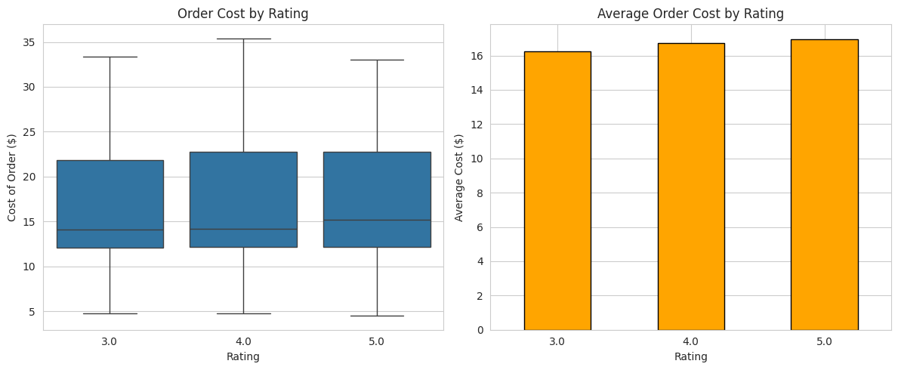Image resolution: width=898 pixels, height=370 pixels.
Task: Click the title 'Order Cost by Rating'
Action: click(x=242, y=14)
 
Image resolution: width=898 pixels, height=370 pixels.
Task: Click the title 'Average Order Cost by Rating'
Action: click(x=690, y=14)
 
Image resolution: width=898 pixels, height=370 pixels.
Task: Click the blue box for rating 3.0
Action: click(x=110, y=204)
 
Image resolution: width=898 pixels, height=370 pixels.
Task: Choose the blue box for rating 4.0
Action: click(x=243, y=199)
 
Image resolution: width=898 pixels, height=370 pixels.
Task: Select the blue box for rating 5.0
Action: click(x=377, y=199)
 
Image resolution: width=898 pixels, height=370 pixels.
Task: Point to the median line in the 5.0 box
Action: click(x=377, y=220)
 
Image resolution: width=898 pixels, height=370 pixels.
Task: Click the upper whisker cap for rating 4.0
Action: click(x=243, y=39)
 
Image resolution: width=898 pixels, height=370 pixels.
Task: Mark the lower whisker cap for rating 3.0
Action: click(x=110, y=313)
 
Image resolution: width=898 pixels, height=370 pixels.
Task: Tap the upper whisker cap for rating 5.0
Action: click(x=377, y=60)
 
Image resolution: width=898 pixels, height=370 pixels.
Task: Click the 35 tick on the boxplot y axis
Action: click(x=29, y=42)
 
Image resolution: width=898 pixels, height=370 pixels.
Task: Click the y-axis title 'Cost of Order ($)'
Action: click(x=12, y=177)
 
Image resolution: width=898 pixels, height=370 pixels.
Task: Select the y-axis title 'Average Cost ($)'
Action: click(x=459, y=177)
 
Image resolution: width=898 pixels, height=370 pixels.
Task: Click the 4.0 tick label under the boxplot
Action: click(x=243, y=341)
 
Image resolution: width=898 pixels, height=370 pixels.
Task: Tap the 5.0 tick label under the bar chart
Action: click(x=824, y=341)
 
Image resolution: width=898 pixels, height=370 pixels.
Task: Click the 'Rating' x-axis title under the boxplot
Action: click(x=242, y=356)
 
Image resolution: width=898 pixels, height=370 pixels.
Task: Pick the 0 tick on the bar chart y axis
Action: click(x=480, y=330)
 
